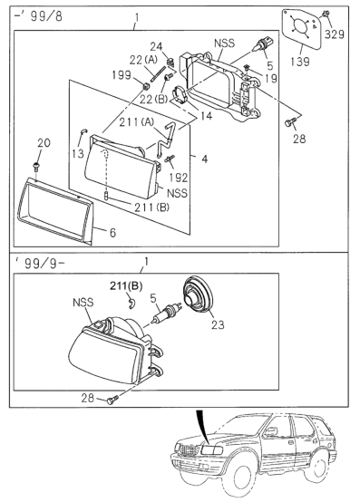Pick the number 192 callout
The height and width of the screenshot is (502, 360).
tap(180, 178)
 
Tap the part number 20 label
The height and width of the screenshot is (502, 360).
tap(44, 144)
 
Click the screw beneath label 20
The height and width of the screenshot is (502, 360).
tap(35, 166)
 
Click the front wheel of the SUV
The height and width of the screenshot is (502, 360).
tap(228, 479)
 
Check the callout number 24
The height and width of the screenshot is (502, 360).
tap(155, 46)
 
